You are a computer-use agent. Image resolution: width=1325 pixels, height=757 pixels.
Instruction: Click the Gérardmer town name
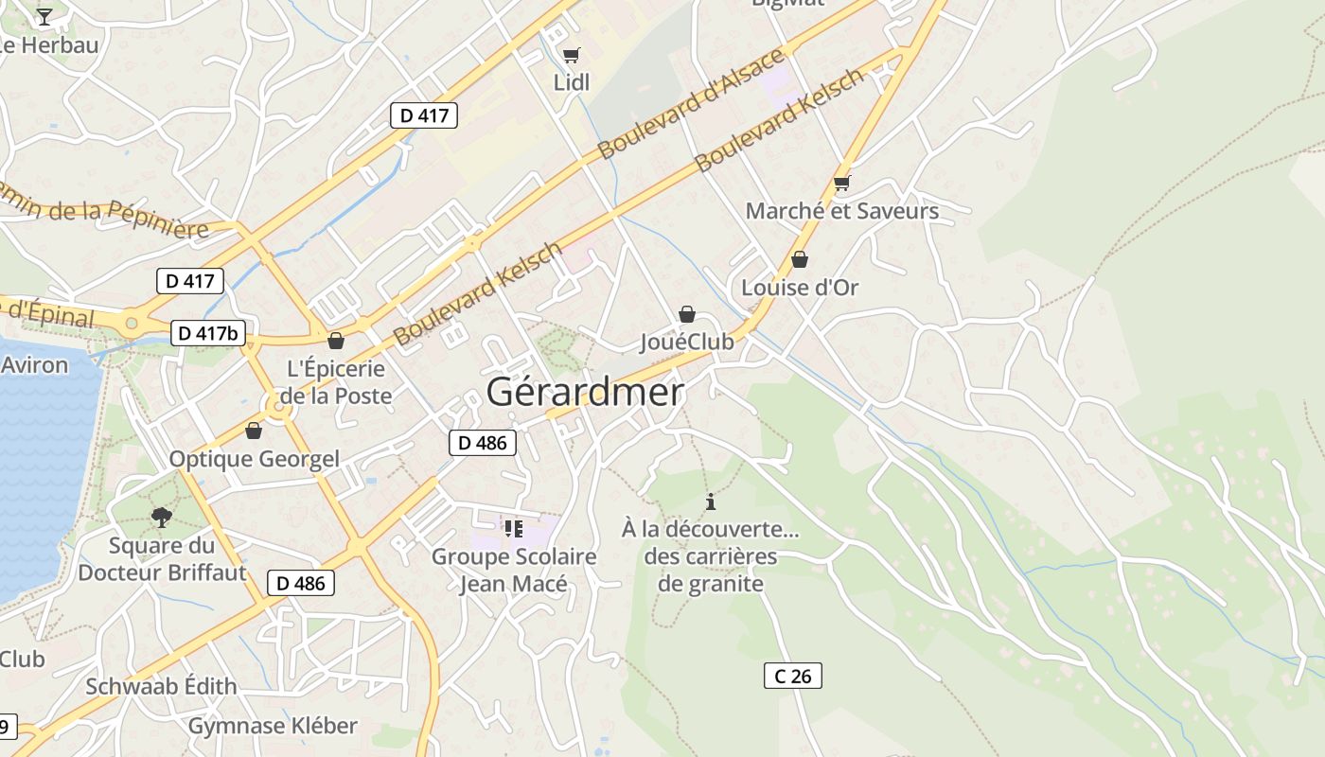(585, 392)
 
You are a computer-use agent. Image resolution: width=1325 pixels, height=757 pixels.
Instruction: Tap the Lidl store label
(571, 82)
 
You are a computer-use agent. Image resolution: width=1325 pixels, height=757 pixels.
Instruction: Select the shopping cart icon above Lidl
(571, 56)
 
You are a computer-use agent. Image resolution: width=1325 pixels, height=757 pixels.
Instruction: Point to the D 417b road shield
(208, 333)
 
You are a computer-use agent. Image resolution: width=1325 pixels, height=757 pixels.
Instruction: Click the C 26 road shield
(792, 676)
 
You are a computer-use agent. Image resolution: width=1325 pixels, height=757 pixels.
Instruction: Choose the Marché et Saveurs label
(841, 211)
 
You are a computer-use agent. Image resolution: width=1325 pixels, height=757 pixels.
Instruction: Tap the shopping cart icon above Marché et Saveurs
(841, 184)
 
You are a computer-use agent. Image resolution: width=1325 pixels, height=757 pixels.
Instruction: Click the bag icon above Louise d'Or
(800, 259)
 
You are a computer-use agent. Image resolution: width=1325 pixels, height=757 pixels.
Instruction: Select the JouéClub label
(687, 342)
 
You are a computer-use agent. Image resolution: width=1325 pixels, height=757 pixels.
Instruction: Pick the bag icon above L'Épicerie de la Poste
(336, 342)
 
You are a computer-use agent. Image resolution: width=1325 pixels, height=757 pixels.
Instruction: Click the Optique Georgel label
(254, 459)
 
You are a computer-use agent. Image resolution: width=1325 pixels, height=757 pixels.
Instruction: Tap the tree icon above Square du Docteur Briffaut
(162, 517)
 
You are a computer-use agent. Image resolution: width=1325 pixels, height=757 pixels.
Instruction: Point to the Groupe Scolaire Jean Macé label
(514, 570)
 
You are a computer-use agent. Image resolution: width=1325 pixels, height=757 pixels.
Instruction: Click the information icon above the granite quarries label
(711, 502)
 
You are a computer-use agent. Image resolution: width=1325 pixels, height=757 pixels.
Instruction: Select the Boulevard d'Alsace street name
(692, 103)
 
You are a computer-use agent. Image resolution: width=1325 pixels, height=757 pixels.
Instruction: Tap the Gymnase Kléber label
(273, 726)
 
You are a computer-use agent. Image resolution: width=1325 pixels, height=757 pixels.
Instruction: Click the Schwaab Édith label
(161, 686)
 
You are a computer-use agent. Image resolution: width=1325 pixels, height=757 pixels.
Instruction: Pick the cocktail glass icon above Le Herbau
(44, 16)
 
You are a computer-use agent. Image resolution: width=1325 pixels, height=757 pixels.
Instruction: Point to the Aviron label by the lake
(34, 364)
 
